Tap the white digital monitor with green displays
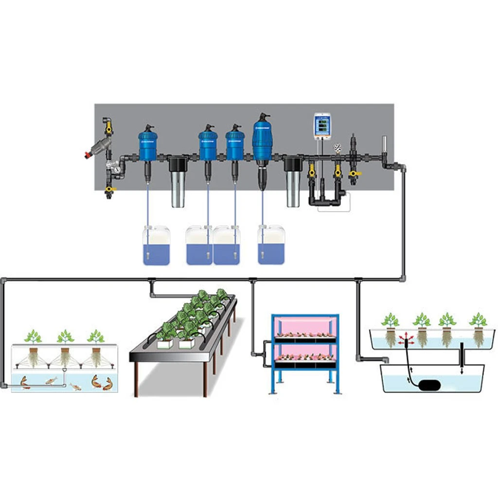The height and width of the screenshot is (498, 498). pos(321,125)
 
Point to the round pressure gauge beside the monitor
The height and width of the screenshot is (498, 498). pos(337,146)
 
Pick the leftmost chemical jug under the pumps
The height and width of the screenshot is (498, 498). pos(156,245)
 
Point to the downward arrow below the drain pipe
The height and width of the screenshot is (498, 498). pos(462,370)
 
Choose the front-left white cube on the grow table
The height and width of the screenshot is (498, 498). pos(163,344)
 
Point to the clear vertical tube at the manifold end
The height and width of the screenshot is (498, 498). pos(384,146)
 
